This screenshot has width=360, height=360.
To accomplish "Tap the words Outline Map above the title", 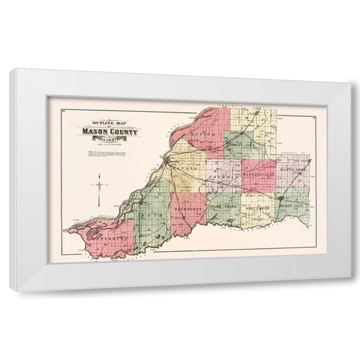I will coord(104,124).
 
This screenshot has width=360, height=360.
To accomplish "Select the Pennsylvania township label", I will coord(259,175).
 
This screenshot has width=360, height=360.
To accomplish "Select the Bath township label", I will coord(147,216).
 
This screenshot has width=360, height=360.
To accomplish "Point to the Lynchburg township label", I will coord(106,244).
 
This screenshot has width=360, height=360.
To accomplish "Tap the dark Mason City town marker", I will coord(282,198).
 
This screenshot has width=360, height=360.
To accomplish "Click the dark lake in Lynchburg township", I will coord(93,234).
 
